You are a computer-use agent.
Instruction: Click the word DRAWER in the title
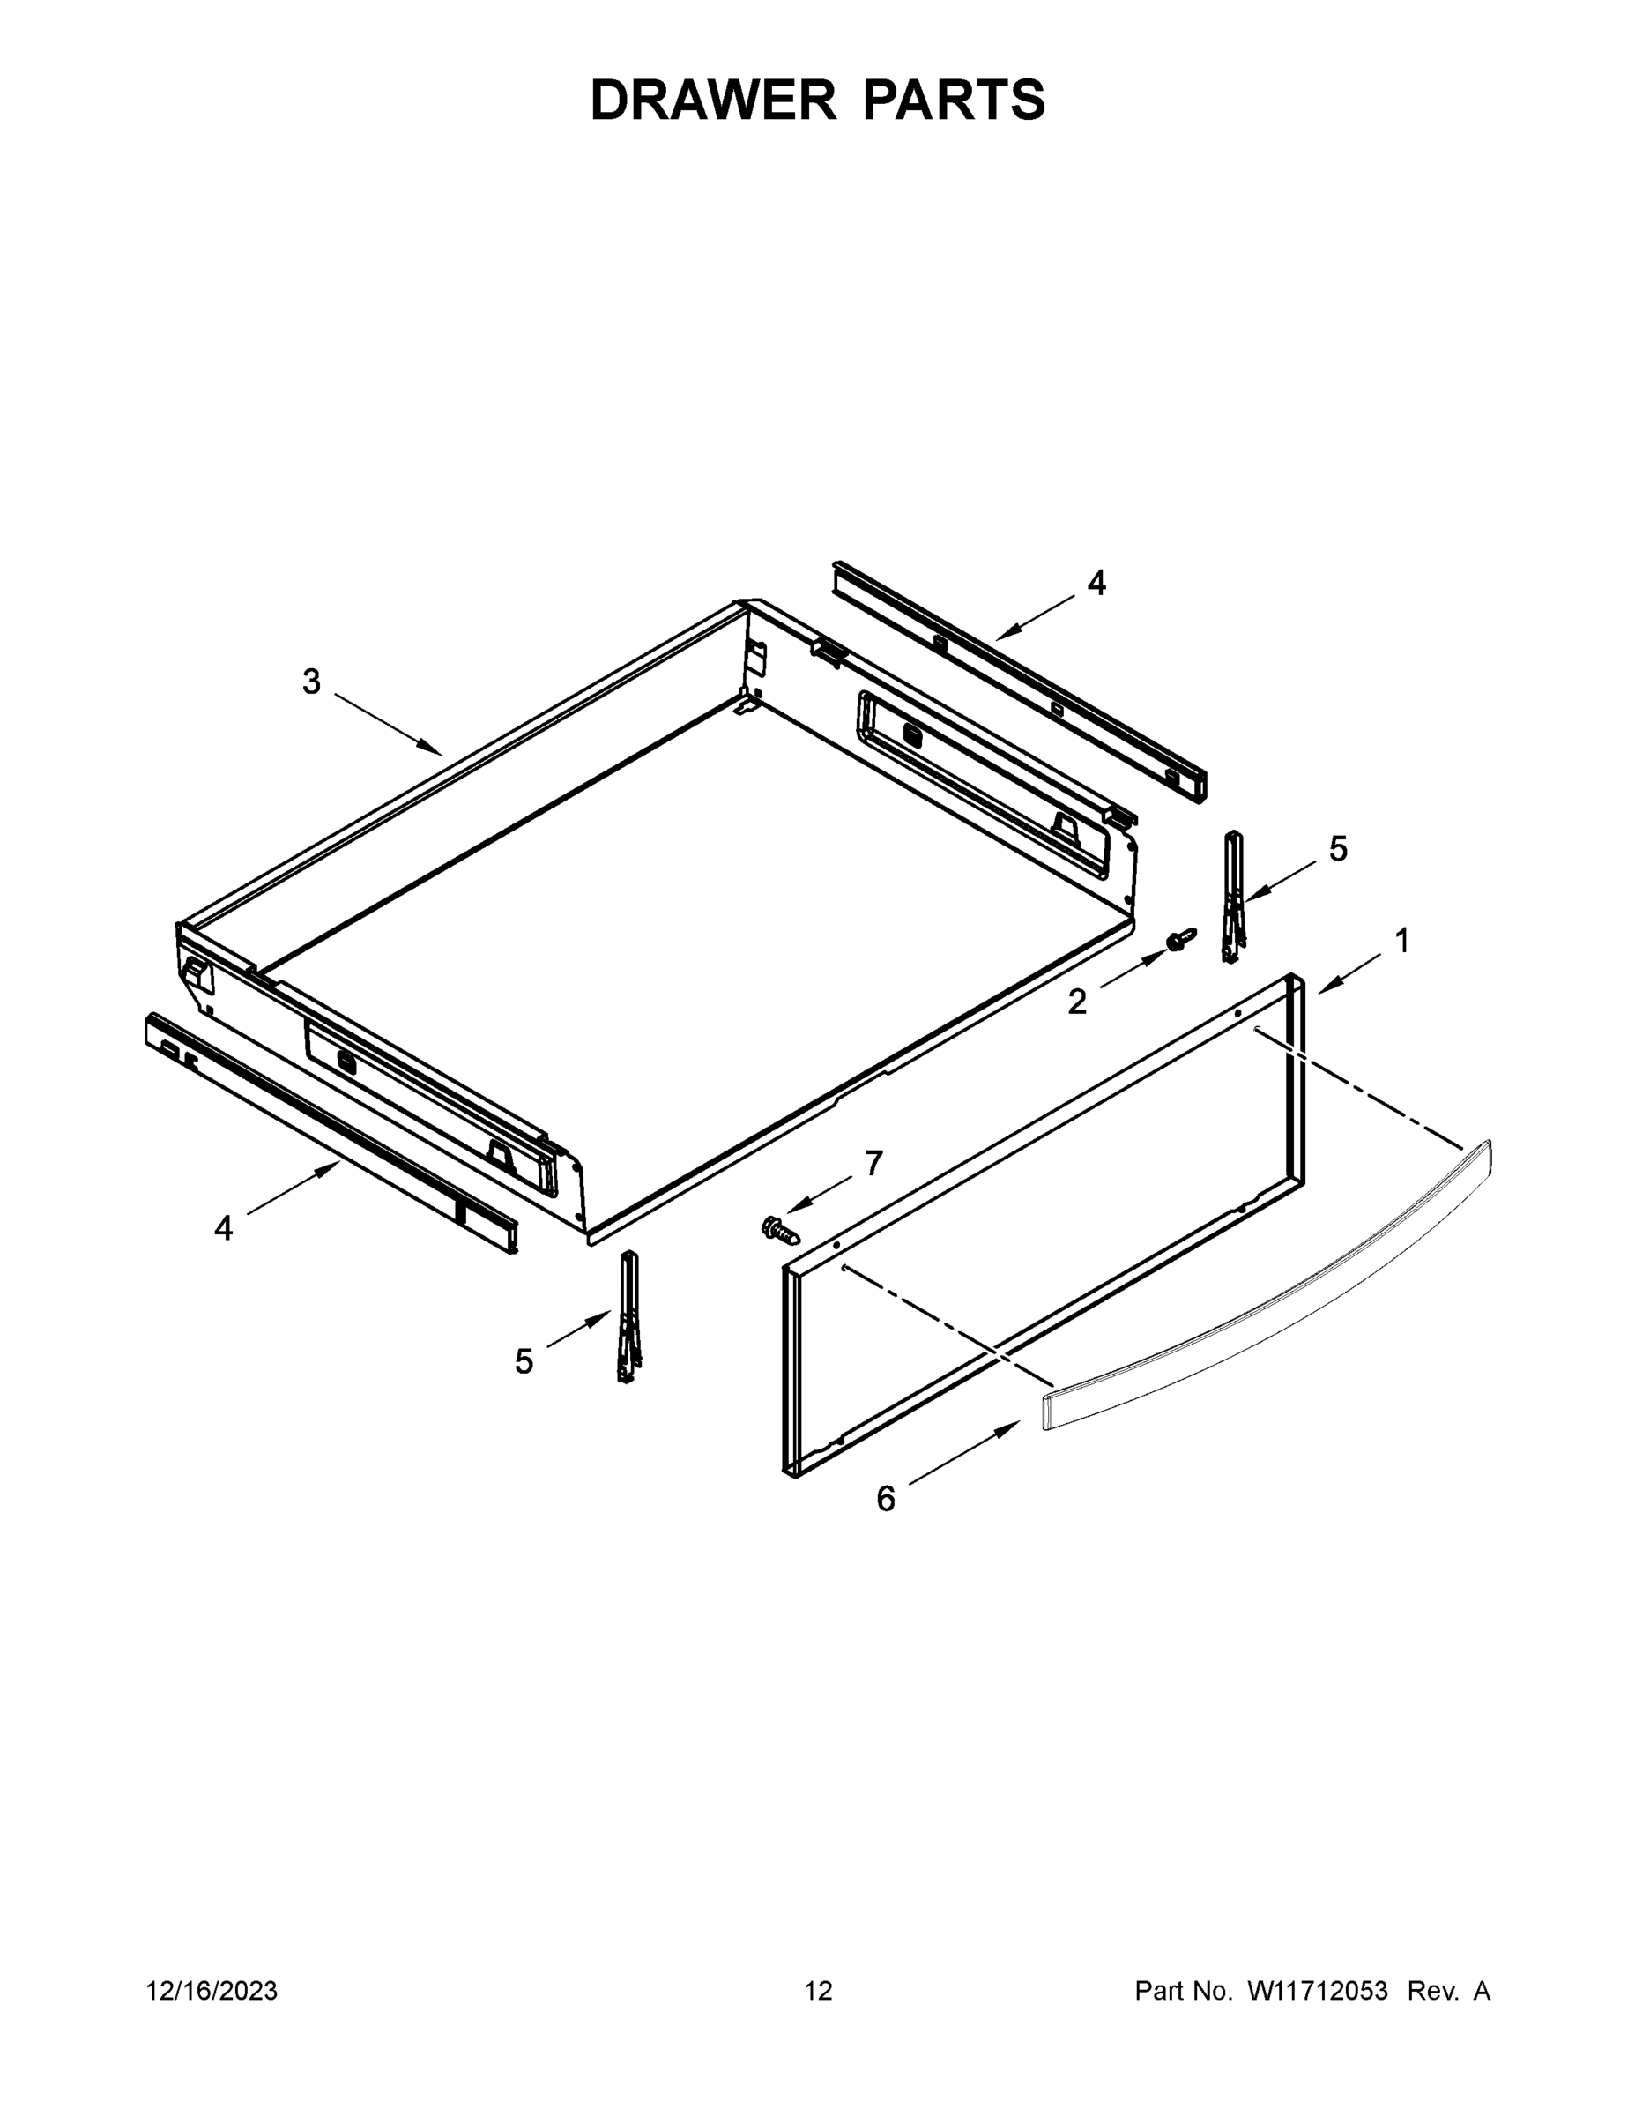712,101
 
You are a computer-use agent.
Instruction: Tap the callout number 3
311,682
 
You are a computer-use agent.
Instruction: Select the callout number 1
1401,941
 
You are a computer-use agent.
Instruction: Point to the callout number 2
1077,1002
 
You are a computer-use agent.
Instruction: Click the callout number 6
885,1500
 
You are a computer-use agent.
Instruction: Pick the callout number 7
873,1163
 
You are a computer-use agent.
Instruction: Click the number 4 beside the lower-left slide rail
224,1228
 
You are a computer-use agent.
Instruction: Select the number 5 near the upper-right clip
1338,849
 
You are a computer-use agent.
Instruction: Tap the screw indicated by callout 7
780,1231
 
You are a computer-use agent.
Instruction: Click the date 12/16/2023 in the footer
212,1991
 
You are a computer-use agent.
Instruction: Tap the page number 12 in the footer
818,1991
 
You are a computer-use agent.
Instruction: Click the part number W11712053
1318,1991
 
